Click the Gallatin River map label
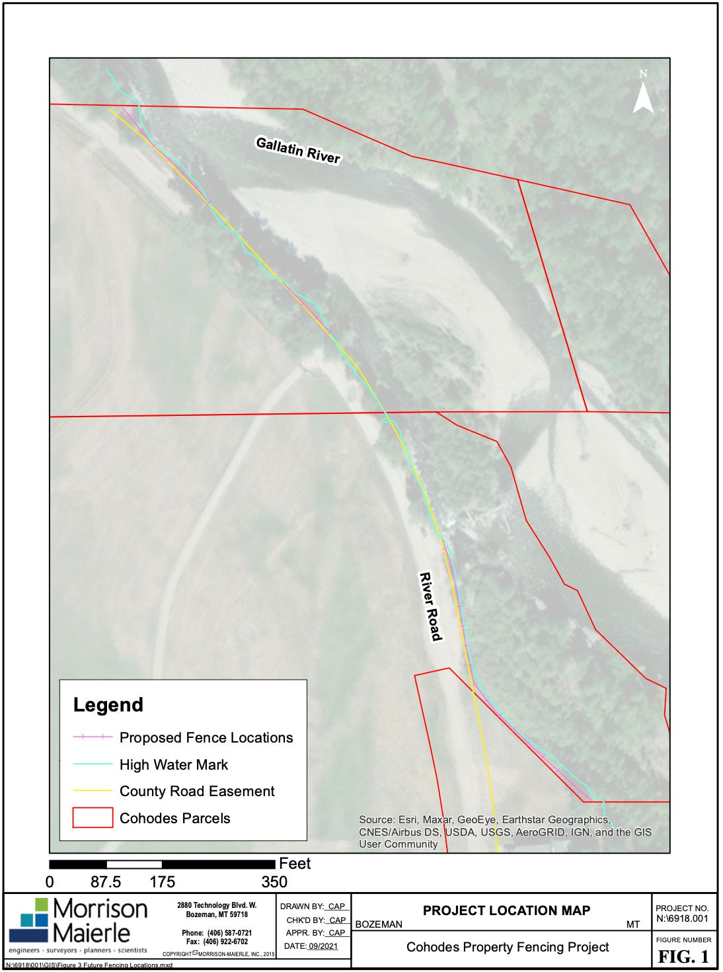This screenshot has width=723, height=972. coord(298,150)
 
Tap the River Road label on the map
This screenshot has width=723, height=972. coord(430,606)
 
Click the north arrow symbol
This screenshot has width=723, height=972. coord(643,93)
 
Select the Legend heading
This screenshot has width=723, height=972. coord(108,705)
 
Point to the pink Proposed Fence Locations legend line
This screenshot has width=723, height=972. coord(93,737)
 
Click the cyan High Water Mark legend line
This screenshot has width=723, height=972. coord(93,764)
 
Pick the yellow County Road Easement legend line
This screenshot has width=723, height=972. coord(93,791)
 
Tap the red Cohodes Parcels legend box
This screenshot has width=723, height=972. coord(93,818)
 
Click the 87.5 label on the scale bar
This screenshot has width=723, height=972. coord(106,882)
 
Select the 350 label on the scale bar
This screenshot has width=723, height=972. coord(274,882)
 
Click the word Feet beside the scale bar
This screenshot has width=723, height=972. coord(295,864)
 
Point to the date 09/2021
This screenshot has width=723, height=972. coord(323,946)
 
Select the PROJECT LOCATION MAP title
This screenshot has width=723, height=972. coord(506,911)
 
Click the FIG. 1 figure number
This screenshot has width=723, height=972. coord(683,956)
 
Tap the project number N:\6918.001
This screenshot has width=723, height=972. coord(682,918)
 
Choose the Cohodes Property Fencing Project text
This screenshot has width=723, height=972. coord(508,947)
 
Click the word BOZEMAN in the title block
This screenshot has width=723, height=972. coord(379,924)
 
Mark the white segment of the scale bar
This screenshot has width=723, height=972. coord(134,864)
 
